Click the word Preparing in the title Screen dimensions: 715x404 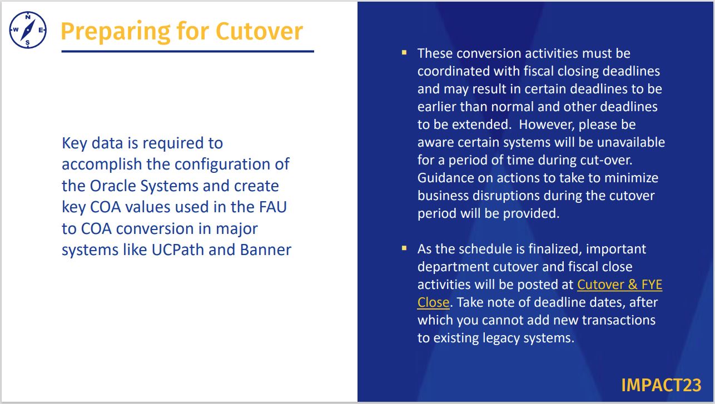116,32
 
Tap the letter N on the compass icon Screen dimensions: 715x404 28,17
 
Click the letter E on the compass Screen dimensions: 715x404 41,30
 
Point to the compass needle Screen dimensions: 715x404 28,30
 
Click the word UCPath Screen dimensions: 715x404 177,250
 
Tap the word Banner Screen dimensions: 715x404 266,250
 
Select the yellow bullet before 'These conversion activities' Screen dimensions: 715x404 404,53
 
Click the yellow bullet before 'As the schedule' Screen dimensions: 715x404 404,248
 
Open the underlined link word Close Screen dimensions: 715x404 433,302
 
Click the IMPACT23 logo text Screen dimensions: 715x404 661,385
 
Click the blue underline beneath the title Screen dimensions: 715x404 188,51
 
